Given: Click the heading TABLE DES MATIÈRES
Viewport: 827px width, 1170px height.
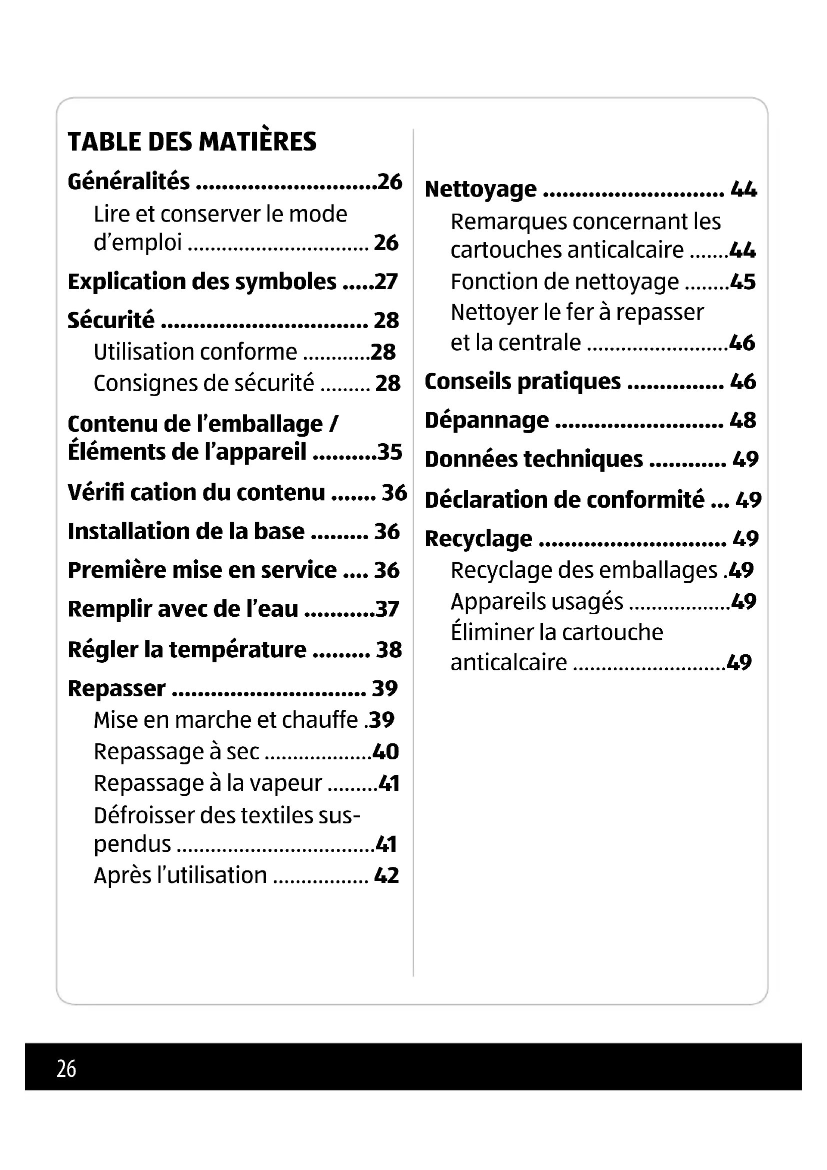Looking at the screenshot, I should [192, 142].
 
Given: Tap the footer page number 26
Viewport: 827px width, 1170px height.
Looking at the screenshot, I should [66, 1068].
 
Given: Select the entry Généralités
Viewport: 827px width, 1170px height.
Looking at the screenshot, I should [129, 182].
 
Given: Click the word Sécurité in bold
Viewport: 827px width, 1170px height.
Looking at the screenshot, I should [111, 321].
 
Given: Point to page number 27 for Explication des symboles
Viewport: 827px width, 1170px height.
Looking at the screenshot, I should [385, 282].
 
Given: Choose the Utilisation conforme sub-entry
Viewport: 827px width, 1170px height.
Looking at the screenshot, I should [195, 352].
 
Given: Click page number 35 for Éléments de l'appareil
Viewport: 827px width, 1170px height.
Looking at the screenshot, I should [389, 452].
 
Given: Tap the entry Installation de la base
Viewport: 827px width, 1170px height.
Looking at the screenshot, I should [186, 532].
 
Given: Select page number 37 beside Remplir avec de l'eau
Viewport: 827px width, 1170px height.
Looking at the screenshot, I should [387, 609].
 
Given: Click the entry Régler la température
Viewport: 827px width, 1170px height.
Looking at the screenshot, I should [187, 650].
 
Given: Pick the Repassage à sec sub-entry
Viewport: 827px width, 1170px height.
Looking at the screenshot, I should [176, 752].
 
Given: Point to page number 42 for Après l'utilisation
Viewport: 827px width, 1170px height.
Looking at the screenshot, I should [386, 875].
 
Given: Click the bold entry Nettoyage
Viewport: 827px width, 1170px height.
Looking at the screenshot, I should [480, 190].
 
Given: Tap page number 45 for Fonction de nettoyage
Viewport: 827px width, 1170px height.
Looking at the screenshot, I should [742, 282].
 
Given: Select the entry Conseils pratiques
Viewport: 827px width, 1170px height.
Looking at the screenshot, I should [522, 382].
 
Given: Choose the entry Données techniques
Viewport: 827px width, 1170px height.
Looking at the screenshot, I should [533, 460].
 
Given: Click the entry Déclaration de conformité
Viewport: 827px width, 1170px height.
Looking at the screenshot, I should [564, 500].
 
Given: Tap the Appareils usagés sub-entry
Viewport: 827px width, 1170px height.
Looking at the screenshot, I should [536, 602].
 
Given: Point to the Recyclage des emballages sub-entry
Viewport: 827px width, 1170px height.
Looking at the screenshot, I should [583, 571].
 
